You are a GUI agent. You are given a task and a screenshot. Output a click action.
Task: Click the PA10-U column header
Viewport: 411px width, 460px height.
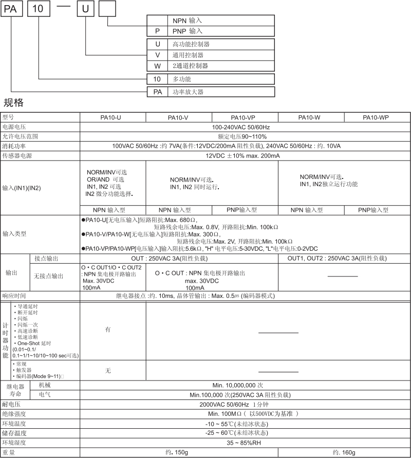click(110, 117)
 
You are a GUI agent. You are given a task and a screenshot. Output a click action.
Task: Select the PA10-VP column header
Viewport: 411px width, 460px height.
click(244, 117)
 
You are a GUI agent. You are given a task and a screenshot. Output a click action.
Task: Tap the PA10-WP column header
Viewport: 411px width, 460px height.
click(376, 117)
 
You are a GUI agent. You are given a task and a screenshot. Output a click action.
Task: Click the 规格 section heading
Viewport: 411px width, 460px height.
click(14, 102)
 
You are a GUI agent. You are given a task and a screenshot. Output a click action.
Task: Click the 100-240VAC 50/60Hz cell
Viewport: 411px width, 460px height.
click(245, 127)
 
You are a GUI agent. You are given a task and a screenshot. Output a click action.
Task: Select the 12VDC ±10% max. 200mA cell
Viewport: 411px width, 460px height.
click(245, 156)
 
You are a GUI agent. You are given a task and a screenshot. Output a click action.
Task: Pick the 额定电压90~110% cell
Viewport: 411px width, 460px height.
click(245, 136)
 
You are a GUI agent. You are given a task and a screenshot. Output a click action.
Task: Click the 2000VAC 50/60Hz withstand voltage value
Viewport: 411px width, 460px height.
click(245, 404)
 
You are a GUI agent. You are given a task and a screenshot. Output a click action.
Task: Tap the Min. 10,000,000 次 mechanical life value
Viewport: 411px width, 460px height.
click(245, 385)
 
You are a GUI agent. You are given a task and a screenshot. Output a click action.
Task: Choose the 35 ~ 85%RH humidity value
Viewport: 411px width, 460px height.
click(245, 442)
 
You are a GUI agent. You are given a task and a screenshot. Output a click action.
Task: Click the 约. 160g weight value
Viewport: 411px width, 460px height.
click(344, 452)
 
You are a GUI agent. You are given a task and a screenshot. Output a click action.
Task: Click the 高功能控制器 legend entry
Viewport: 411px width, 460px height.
click(191, 45)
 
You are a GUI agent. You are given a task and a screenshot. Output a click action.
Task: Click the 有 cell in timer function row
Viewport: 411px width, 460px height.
click(108, 330)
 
